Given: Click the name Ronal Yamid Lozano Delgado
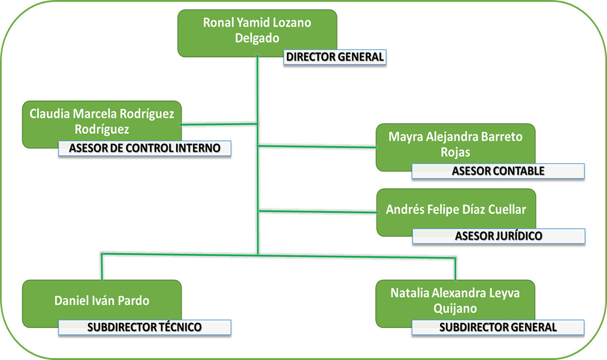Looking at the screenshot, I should (257, 30).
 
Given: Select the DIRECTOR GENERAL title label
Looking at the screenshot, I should (335, 57).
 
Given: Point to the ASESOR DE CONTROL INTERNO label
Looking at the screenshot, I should (144, 148).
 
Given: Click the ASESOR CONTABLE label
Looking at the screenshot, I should (498, 171).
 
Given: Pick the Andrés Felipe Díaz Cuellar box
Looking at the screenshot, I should (456, 210).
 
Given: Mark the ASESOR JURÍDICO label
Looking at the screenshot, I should (498, 236).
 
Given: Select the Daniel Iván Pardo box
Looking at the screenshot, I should (102, 300).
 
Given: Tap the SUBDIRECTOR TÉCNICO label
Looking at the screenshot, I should (144, 327).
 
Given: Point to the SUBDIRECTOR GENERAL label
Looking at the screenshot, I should (498, 327).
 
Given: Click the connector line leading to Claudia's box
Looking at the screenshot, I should (220, 125).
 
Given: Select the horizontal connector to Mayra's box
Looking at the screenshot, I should (317, 146).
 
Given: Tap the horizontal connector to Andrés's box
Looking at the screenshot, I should (317, 211).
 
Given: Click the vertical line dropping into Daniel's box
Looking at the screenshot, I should (102, 267).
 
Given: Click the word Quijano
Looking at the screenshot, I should (455, 308).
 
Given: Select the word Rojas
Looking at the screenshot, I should (456, 153).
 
